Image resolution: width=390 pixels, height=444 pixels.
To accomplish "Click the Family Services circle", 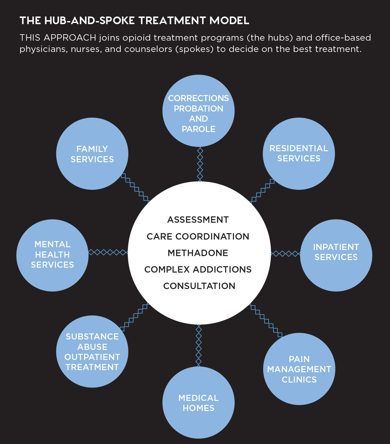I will coord(92,154).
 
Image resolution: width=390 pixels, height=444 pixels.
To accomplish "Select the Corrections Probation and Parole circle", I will coord(198,111).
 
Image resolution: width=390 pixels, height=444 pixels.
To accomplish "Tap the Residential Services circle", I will coord(299,153).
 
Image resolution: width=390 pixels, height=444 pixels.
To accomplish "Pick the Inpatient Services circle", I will coord(336,255).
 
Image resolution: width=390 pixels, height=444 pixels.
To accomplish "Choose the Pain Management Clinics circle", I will coord(299,369).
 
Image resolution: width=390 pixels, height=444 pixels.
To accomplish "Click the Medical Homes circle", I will coord(198,402).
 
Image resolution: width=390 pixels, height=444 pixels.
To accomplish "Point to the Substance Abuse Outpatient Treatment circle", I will coord(92,351).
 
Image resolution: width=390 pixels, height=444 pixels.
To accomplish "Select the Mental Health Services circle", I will coord(52,255).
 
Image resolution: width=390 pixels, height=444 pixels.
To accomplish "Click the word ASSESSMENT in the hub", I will coord(198,220).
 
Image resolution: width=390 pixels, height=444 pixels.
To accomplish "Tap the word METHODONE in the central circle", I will coord(198,253).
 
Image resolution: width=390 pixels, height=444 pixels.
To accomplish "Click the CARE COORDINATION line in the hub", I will coord(198,237).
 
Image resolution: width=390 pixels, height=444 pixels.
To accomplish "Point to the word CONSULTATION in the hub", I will coord(199,286).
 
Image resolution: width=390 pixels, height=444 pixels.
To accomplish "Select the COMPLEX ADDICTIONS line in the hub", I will coord(198,270).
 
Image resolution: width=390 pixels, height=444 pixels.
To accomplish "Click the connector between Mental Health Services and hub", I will coord(108,252).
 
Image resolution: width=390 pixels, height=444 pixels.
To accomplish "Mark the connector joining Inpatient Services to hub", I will coord(285,254).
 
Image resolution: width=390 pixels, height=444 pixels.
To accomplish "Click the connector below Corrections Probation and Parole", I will coord(200,164).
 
